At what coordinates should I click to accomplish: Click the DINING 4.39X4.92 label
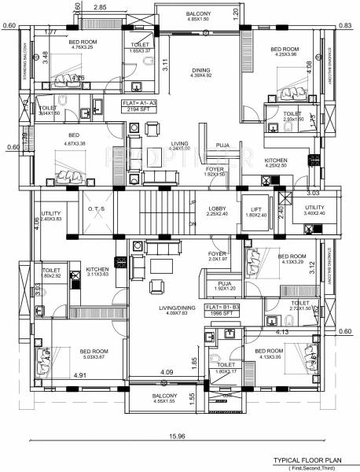pyautogui.click(x=202, y=72)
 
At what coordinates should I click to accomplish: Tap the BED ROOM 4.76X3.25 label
pyautogui.click(x=83, y=44)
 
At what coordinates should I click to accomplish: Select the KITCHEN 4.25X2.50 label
pyautogui.click(x=281, y=163)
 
